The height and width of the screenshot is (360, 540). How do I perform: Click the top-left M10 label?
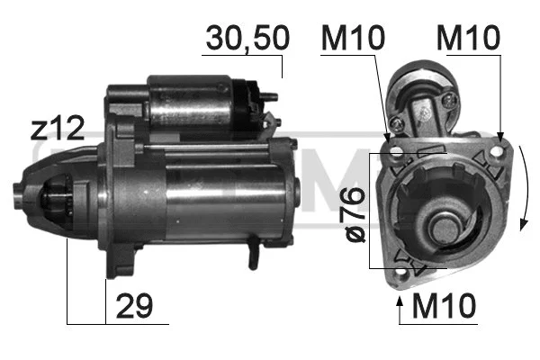(x=353, y=38)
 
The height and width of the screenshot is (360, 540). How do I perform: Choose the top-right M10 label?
(x=467, y=38)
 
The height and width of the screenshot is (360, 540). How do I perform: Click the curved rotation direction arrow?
(x=525, y=189)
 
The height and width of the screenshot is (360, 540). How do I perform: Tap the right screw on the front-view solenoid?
(x=447, y=103)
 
